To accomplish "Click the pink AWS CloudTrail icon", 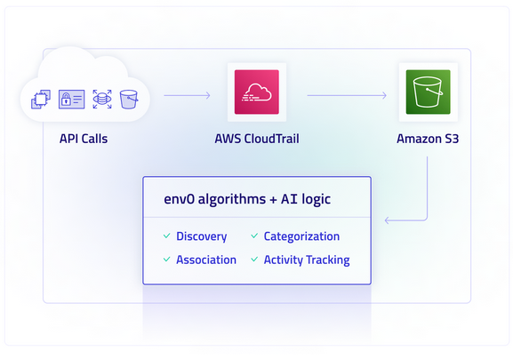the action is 257,92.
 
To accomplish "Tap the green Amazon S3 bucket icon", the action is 428,92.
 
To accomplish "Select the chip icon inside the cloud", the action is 41,99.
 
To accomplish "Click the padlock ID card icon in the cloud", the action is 72,99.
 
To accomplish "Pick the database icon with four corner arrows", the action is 102,99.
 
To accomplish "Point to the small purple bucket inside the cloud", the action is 129,100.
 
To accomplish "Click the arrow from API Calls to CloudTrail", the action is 187,95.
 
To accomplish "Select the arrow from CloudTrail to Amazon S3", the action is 347,95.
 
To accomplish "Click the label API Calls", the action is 84,139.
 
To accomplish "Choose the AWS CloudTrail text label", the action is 257,139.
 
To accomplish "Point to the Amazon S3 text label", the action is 428,139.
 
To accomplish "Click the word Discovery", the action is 202,236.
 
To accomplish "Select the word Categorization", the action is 301,236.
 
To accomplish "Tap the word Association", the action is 206,260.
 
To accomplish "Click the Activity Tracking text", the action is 307,260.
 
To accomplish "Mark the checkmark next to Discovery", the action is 167,236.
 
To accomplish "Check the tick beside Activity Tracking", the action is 254,260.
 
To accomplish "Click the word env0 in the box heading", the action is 179,199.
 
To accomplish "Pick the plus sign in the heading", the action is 273,200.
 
